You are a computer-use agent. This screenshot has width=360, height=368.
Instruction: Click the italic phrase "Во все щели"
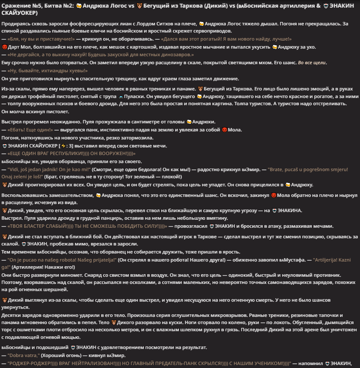(312, 63)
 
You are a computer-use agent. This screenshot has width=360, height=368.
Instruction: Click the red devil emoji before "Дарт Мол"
(4, 46)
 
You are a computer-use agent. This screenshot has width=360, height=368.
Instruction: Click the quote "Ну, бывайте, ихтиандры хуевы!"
(47, 71)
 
